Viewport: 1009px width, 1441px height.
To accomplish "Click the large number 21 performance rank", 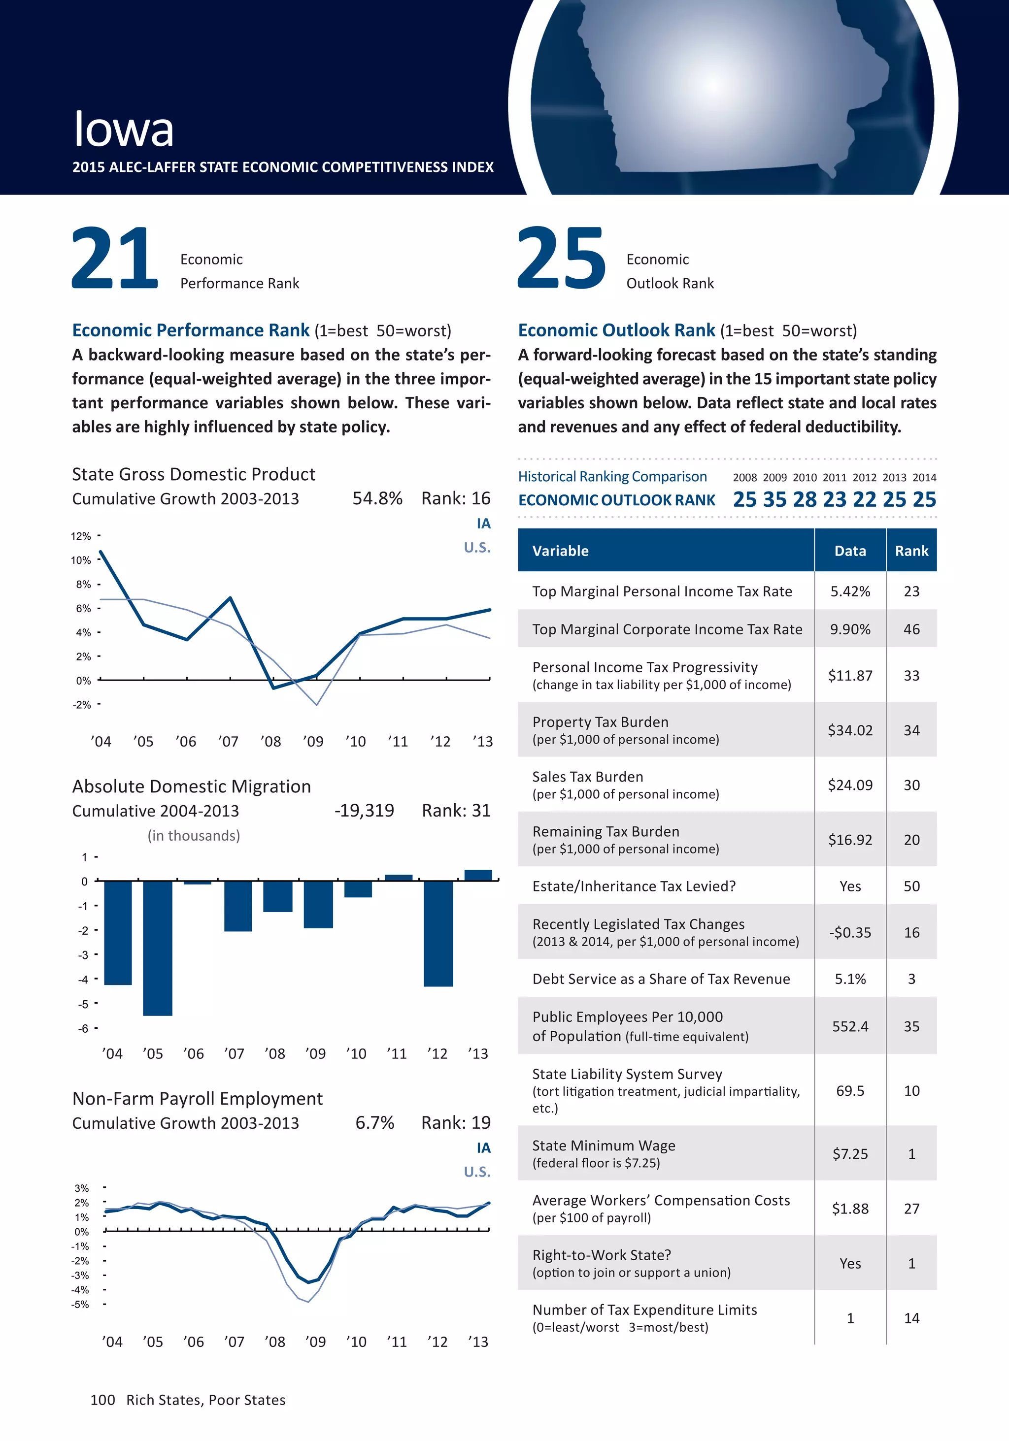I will tap(114, 258).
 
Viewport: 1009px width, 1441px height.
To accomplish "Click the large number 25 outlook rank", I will tap(561, 258).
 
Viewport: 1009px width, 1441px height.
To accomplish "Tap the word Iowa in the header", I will tap(124, 130).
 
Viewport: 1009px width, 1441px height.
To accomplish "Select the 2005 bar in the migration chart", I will tap(157, 948).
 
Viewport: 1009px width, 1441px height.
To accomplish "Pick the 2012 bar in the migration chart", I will tap(438, 933).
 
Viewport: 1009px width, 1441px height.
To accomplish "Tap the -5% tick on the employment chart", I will tap(80, 1304).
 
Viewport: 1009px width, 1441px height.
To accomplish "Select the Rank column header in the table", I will tap(911, 551).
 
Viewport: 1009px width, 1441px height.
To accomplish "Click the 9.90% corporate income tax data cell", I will tap(850, 629).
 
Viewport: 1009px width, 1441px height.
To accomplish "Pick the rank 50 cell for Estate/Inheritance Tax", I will tap(911, 885).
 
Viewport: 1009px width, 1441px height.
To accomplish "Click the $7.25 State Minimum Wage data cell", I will tap(850, 1153).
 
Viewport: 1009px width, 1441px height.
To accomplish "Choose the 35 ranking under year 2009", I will tap(775, 499).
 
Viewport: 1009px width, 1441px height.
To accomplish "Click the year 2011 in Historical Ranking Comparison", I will tap(835, 478).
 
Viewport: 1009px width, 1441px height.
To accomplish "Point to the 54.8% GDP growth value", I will tap(377, 498).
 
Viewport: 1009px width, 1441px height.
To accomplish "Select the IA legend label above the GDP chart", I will tap(483, 524).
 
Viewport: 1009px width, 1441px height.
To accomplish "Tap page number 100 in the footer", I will tap(102, 1400).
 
